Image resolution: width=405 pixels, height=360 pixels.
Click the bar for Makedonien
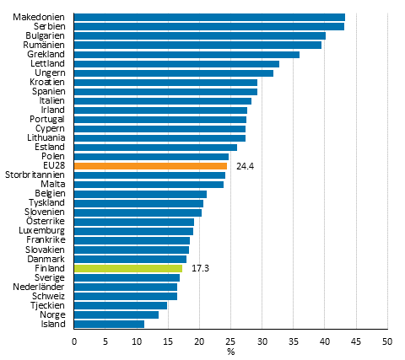[x=209, y=17]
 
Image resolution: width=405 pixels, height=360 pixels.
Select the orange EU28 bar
[x=150, y=166]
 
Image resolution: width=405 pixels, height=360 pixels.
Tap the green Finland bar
[x=128, y=268]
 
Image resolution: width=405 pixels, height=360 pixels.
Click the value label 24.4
[x=246, y=166]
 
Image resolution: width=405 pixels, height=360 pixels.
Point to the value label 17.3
[x=201, y=268]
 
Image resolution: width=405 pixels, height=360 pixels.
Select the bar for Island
[x=109, y=324]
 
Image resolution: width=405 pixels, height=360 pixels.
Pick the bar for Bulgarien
[x=200, y=35]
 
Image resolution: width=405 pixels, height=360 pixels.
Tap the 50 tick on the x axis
[x=386, y=341]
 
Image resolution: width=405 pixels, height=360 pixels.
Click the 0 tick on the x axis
[x=74, y=341]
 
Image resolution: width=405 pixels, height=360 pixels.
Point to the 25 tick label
[x=230, y=341]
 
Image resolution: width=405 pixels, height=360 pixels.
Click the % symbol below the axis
[x=230, y=352]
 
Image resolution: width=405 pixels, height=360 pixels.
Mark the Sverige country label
[x=51, y=277]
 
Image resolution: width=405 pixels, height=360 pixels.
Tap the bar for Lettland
[x=176, y=63]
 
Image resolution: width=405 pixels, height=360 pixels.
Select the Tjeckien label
[x=48, y=305]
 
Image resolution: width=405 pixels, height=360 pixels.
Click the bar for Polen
[x=151, y=157]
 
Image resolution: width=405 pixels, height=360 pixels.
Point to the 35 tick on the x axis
[x=293, y=341]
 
